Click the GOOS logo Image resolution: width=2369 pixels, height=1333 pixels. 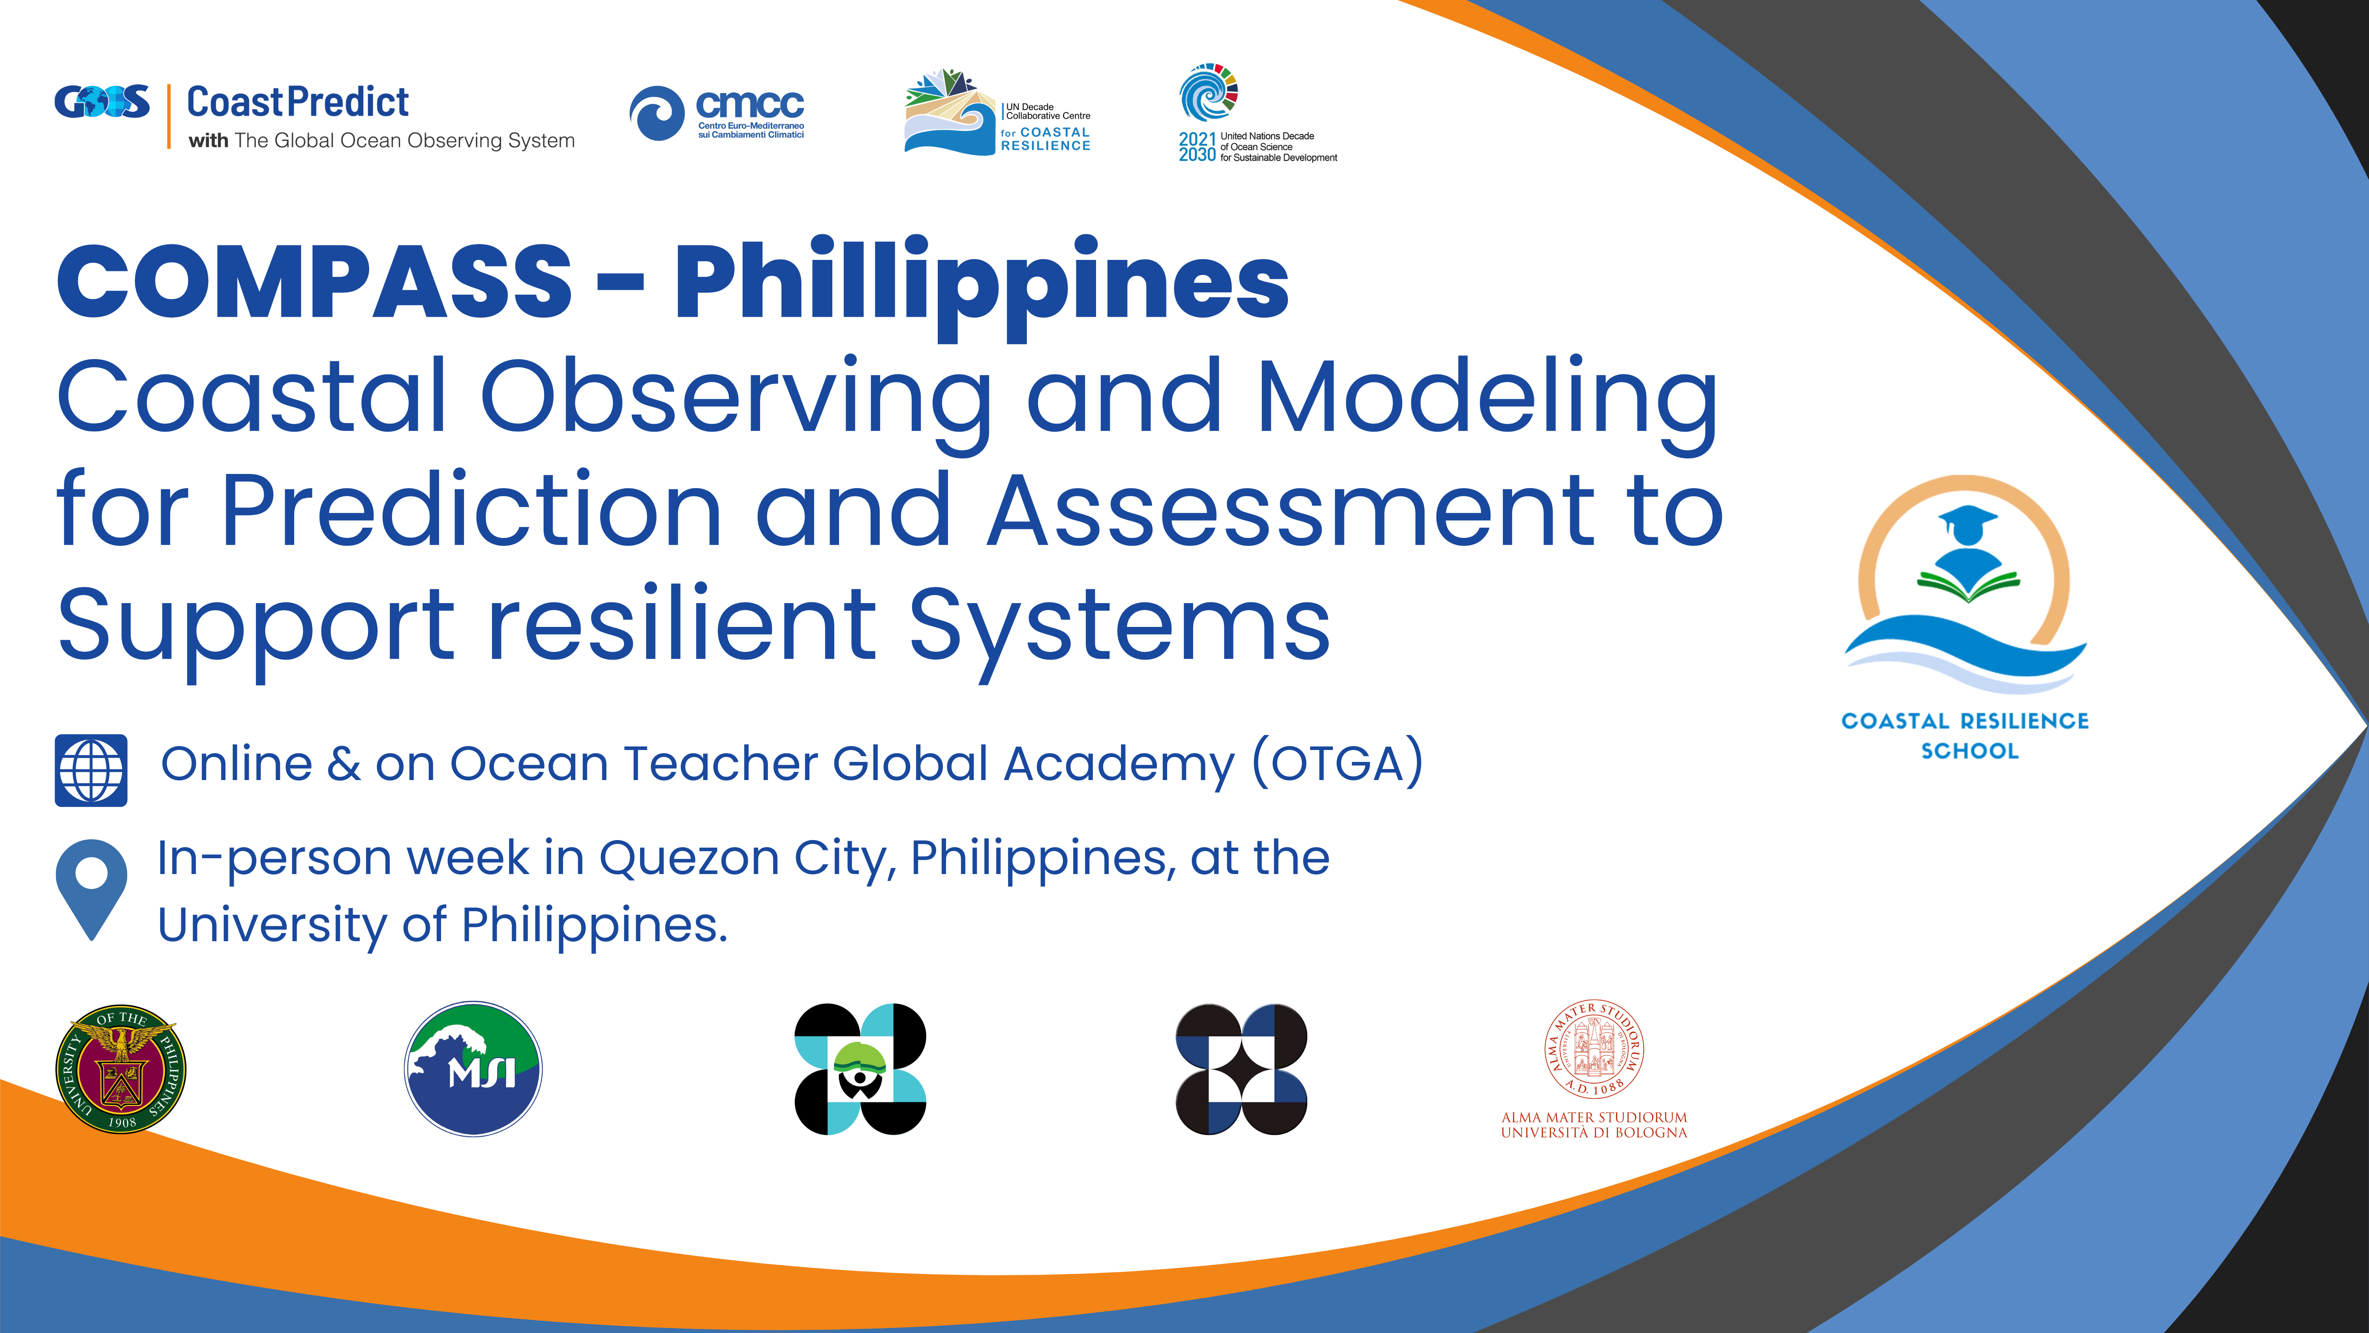click(102, 102)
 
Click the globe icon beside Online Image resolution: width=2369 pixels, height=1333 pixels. click(91, 770)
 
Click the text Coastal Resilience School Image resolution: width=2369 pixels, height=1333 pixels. click(1965, 735)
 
